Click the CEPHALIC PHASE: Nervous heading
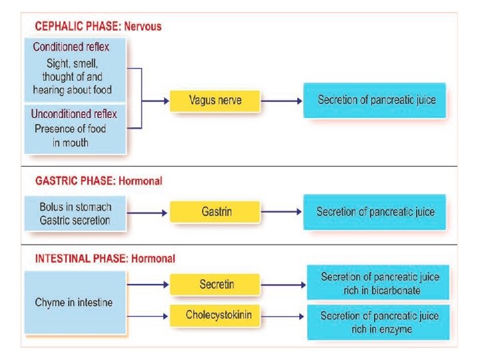coord(97,27)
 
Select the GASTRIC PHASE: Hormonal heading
coord(97,181)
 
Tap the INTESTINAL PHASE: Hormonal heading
coord(104,258)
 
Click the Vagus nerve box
coord(215,101)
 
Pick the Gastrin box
coord(215,212)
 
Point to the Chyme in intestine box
coord(74,303)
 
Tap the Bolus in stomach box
coord(75,213)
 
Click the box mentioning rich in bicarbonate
coord(378,283)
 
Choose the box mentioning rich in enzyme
coord(378,321)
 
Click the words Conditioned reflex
coord(71,47)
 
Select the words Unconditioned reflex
coord(74,114)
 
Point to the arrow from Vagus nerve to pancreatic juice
coord(280,101)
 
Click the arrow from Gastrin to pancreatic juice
coord(280,212)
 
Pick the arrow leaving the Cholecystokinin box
coord(283,315)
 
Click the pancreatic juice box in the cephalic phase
coord(375,100)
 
